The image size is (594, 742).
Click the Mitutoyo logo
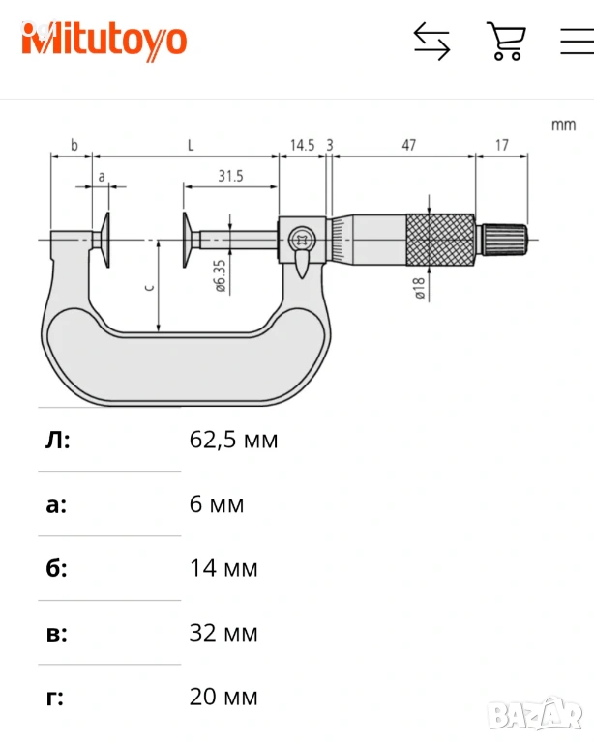click(104, 41)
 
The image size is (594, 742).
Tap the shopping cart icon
click(505, 42)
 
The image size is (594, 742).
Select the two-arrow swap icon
click(431, 42)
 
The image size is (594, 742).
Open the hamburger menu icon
click(578, 42)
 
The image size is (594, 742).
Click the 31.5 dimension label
click(230, 175)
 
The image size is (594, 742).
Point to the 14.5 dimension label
click(302, 145)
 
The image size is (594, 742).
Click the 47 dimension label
click(408, 145)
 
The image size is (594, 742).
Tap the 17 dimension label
click(501, 145)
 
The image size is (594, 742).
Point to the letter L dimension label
click(191, 145)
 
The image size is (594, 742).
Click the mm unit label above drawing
click(562, 125)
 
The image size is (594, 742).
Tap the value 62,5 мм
click(233, 441)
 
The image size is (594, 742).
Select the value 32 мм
click(223, 633)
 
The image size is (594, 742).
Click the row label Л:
click(58, 441)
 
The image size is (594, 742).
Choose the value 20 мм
click(223, 697)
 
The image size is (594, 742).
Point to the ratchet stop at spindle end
click(504, 236)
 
